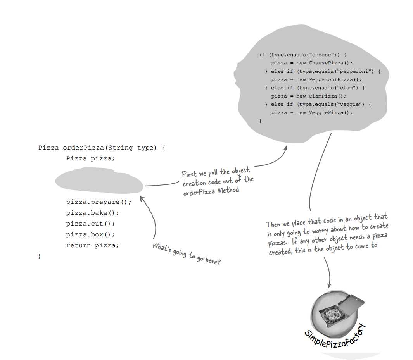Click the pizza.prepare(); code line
point(98,202)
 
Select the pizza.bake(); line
point(92,213)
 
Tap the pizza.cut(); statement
point(90,224)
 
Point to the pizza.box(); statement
point(90,234)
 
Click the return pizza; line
point(92,246)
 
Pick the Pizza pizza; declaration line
point(90,158)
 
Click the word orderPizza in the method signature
point(83,148)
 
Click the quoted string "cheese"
point(321,55)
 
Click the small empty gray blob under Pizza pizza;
point(99,180)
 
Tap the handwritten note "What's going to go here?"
point(187,254)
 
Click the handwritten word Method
point(228,190)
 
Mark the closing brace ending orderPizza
point(40,256)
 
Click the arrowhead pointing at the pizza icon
point(329,286)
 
